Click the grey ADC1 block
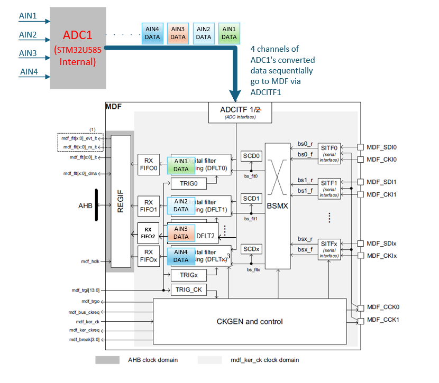tap(78, 48)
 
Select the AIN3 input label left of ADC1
tap(28, 53)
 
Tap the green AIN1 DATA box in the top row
tap(229, 33)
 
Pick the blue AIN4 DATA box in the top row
tap(152, 33)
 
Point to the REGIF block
tap(121, 201)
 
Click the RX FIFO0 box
tap(149, 165)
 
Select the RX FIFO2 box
tap(149, 233)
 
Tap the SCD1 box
tap(251, 199)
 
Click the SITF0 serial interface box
tap(329, 152)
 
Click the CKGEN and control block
tap(249, 321)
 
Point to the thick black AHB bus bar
tap(97, 204)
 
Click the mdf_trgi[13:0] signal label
tap(85, 289)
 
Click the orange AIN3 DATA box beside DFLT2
tap(181, 232)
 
